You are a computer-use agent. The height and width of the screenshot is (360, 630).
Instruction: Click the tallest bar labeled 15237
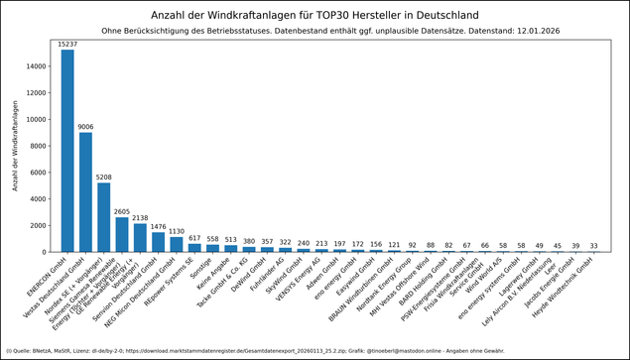[67, 149]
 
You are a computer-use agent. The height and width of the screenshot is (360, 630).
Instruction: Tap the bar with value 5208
[104, 216]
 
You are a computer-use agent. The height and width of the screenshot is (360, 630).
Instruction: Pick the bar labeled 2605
[122, 234]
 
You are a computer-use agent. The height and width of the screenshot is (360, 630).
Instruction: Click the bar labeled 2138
[140, 237]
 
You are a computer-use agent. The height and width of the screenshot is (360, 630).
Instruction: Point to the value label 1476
[158, 227]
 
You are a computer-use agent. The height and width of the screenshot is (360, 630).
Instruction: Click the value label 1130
[177, 231]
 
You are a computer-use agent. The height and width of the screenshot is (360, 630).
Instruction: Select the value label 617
[194, 238]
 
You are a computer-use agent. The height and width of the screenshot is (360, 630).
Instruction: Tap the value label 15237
[67, 45]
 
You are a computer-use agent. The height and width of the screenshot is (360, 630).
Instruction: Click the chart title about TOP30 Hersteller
[315, 16]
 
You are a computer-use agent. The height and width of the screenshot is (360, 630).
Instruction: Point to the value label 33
[594, 246]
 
